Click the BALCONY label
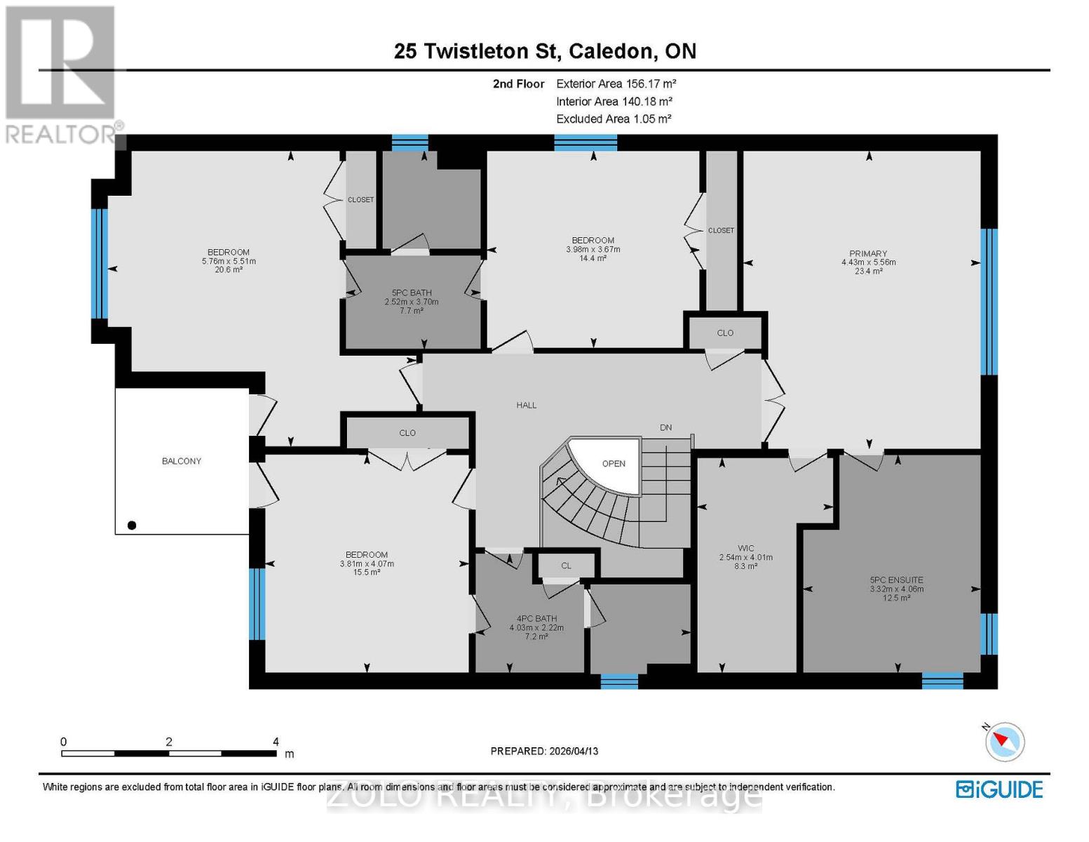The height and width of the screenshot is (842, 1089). [182, 461]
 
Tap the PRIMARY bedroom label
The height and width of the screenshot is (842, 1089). [868, 254]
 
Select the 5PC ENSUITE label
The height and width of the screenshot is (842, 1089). [896, 580]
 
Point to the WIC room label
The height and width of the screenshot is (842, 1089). [745, 549]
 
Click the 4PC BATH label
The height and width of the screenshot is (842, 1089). [536, 619]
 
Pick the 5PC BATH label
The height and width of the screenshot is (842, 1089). [412, 293]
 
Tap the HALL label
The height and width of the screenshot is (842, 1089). [527, 405]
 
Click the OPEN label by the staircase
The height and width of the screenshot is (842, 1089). [614, 463]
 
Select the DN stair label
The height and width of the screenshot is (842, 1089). [665, 427]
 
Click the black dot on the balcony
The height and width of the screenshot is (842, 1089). [132, 525]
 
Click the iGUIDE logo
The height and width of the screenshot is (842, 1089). [999, 789]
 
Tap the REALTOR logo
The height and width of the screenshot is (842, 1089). [62, 74]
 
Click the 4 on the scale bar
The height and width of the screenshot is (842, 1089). [276, 742]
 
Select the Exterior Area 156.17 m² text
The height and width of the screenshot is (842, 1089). [616, 83]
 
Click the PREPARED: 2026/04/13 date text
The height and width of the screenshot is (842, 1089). [544, 751]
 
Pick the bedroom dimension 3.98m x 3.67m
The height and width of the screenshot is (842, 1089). [593, 249]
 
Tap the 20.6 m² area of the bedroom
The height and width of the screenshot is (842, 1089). [229, 269]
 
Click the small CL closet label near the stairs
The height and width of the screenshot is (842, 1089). [566, 566]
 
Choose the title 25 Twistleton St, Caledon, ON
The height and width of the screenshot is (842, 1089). [545, 51]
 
